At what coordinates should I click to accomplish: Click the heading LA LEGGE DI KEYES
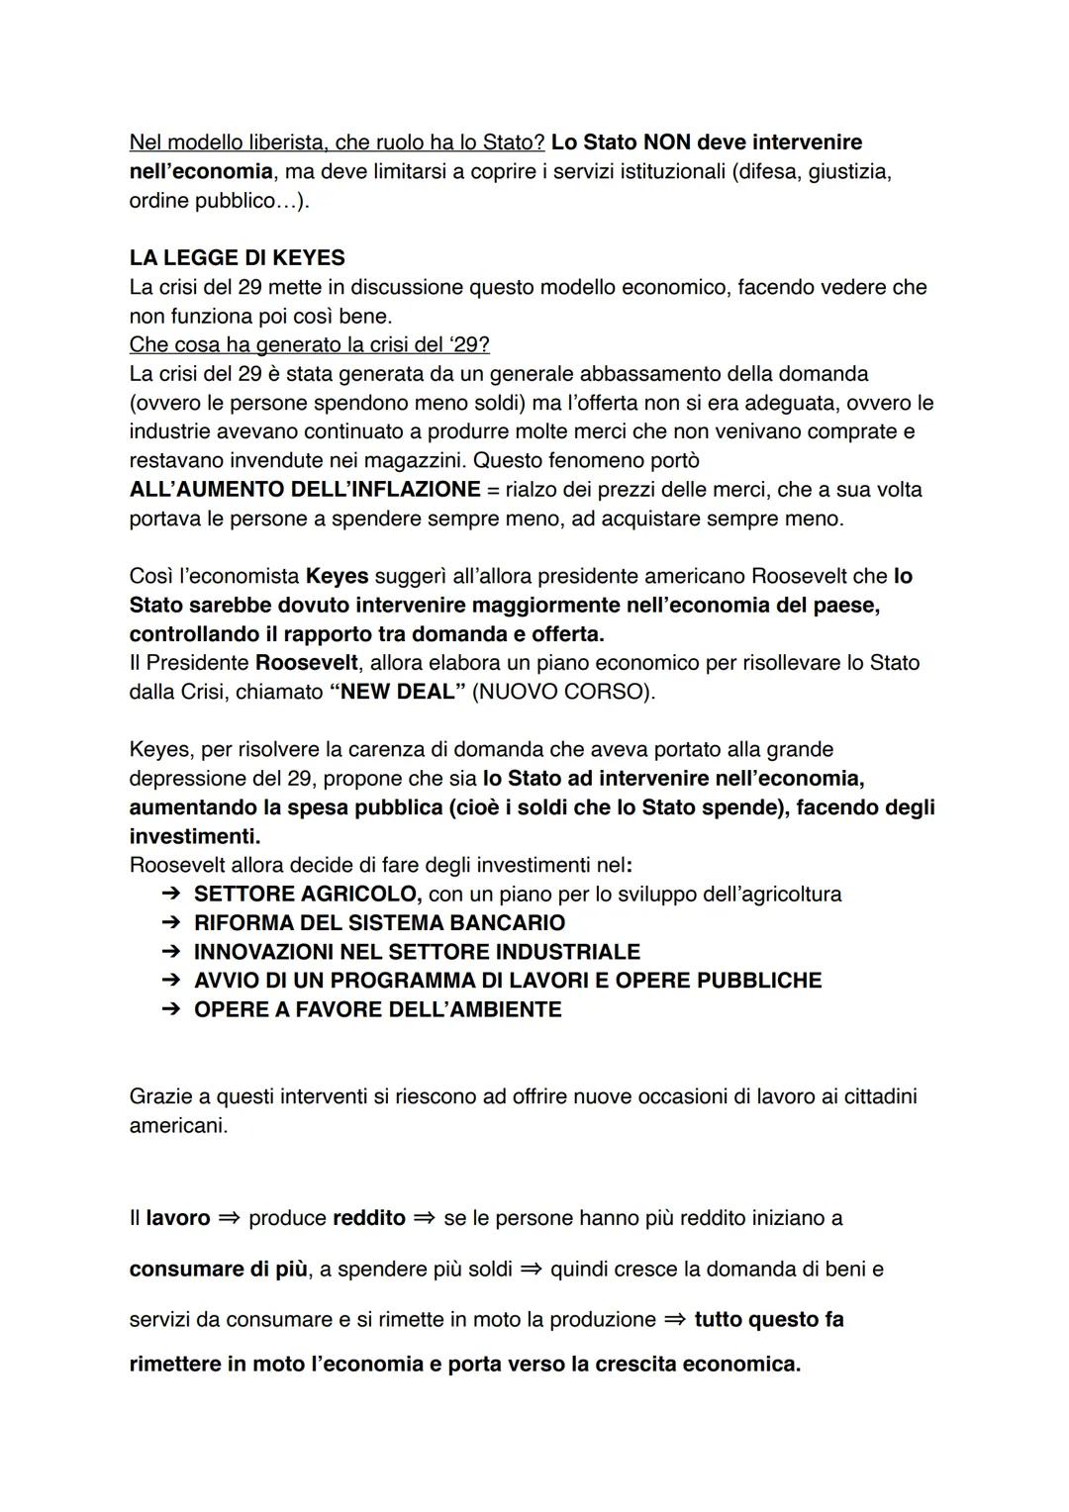[237, 258]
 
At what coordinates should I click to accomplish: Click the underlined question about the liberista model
[337, 142]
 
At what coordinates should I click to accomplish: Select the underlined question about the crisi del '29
[309, 345]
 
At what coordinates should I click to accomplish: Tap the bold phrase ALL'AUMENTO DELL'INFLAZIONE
[305, 490]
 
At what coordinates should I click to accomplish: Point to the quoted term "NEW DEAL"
[396, 692]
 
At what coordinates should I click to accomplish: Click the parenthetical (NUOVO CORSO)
[563, 692]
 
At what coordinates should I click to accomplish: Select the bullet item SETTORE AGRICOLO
[307, 895]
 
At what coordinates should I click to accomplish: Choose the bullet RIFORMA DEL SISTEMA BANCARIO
[379, 923]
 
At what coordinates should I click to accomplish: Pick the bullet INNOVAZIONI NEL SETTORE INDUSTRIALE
[417, 952]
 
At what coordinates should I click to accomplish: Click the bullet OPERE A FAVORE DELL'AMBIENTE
[377, 1009]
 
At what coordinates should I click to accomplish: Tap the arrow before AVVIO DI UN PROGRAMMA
[170, 981]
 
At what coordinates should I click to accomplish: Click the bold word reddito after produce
[369, 1218]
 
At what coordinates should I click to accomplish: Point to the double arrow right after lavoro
[230, 1218]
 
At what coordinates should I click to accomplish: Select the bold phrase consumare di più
[218, 1270]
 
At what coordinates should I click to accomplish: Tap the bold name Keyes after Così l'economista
[337, 576]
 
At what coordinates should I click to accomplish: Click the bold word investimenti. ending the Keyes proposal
[194, 837]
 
